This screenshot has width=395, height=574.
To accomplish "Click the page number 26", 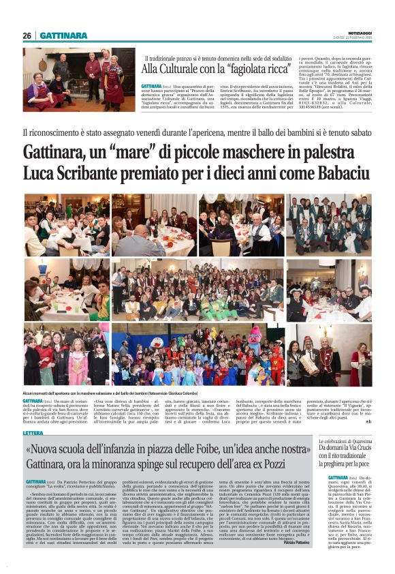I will tap(27, 35).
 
